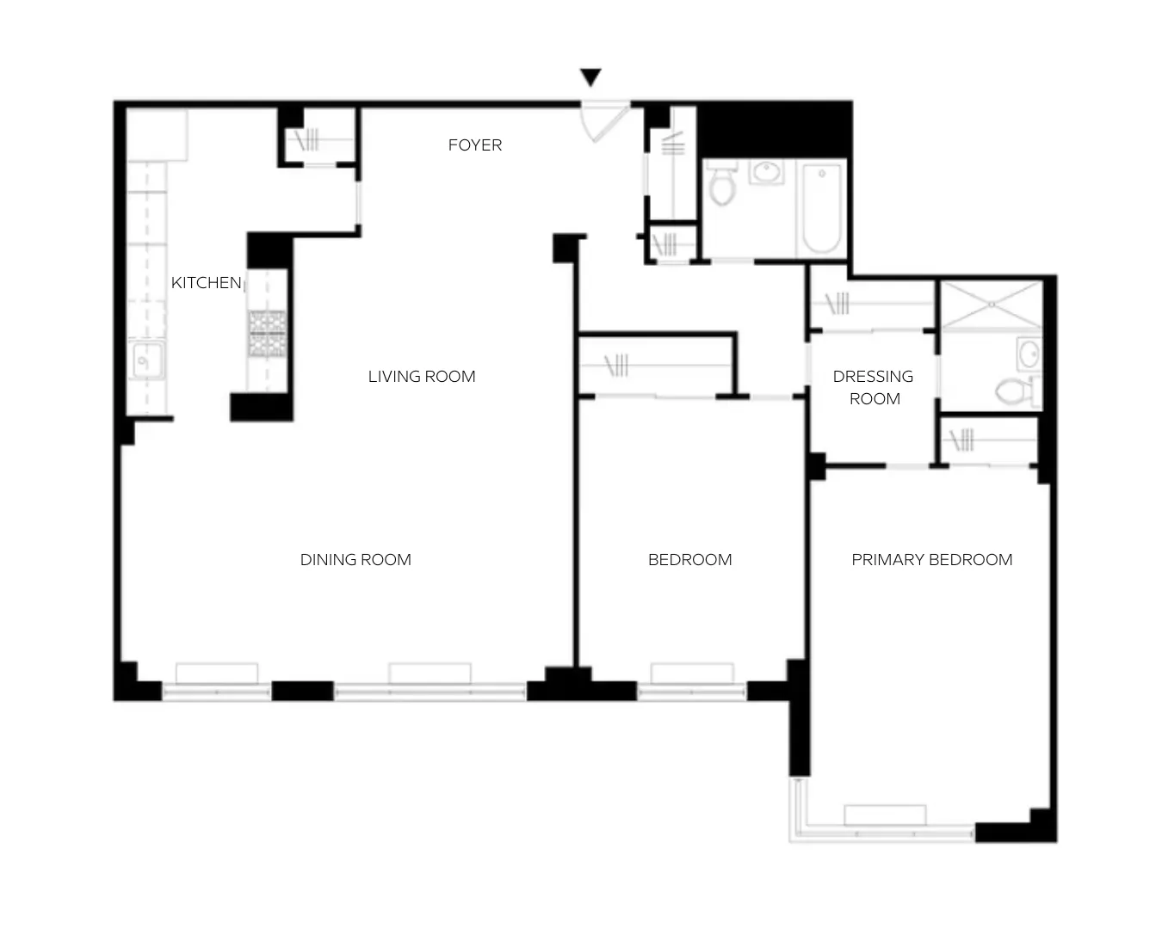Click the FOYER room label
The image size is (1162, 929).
(474, 145)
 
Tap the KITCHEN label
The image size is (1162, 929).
(206, 282)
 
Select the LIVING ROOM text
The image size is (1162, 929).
(422, 376)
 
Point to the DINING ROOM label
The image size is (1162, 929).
(355, 559)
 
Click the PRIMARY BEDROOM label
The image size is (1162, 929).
(931, 559)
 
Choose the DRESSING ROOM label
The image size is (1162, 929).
(874, 387)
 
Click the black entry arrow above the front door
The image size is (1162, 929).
(590, 78)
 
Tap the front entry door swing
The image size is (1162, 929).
(600, 120)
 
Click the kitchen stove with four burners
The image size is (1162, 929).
(267, 334)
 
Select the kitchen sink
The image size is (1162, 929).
(146, 360)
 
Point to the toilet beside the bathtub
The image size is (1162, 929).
(721, 184)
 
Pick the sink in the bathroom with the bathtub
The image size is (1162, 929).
(765, 172)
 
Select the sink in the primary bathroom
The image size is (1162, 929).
(1029, 353)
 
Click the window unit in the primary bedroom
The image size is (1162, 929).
(885, 815)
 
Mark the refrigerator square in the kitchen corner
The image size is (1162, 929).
(158, 135)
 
